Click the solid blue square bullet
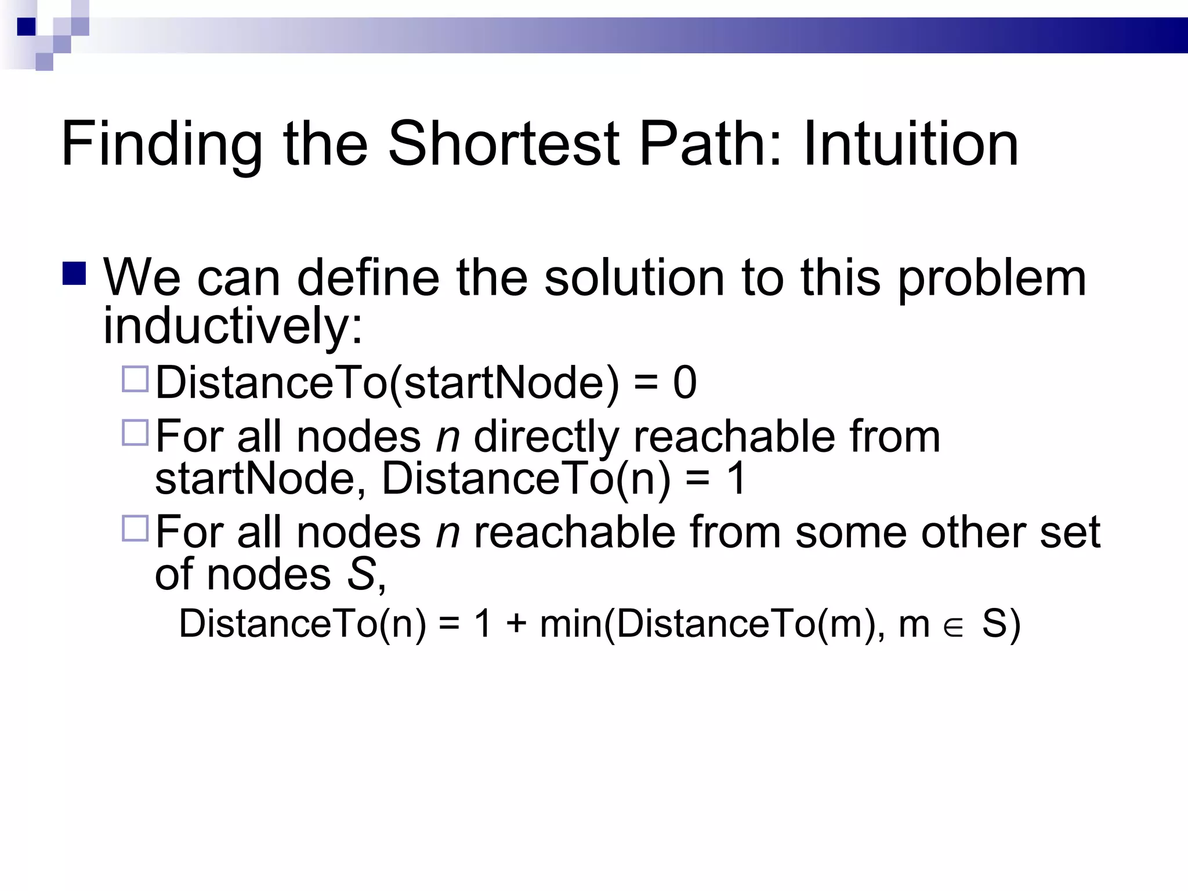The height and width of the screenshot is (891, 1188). click(x=74, y=274)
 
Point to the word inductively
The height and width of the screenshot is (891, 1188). click(x=233, y=325)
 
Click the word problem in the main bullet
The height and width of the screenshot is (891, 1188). click(x=992, y=278)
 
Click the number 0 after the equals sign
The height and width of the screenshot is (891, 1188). click(x=684, y=383)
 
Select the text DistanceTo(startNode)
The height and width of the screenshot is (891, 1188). click(x=387, y=383)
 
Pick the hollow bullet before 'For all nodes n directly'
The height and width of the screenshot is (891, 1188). click(x=135, y=433)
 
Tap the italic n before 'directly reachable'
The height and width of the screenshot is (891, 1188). click(x=448, y=436)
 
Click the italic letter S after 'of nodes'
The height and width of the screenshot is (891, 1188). click(x=361, y=574)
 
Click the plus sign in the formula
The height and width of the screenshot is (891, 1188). click(x=516, y=624)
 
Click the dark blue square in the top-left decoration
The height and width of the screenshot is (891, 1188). click(x=26, y=27)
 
